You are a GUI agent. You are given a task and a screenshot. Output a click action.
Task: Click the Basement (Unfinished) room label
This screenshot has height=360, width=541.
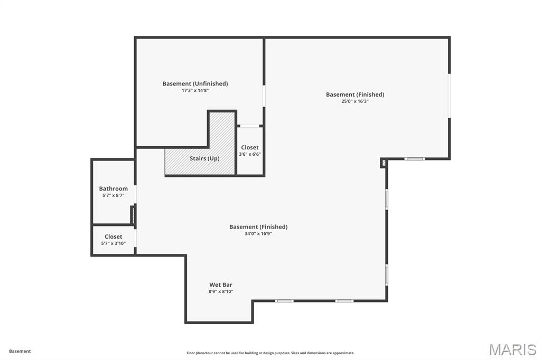click(x=195, y=83)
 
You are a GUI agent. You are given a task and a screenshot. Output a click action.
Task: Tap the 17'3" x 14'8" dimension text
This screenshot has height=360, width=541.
click(x=195, y=90)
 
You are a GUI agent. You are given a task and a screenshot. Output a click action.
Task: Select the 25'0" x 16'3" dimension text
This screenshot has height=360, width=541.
click(x=355, y=101)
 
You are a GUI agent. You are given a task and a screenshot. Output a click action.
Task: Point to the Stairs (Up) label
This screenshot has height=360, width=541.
click(x=204, y=158)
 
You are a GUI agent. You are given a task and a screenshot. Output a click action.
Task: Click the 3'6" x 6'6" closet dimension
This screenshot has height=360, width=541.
click(x=250, y=154)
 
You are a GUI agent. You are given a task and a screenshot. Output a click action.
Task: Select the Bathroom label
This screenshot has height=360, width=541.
click(x=113, y=188)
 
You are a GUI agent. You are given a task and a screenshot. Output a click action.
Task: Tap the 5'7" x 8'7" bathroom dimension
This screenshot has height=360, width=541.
click(x=113, y=195)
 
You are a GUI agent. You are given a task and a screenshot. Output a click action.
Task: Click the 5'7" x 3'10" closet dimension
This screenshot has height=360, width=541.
click(x=113, y=243)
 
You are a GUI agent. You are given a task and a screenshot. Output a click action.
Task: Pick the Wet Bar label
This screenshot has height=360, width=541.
click(x=220, y=285)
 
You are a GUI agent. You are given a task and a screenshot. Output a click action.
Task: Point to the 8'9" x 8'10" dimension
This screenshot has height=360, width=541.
click(x=220, y=291)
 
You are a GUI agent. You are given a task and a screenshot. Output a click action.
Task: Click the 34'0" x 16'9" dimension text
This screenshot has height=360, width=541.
click(x=258, y=233)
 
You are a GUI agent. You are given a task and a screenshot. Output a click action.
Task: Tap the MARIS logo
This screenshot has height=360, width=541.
click(x=512, y=349)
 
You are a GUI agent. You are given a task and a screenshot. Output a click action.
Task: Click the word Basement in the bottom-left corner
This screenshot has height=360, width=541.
click(x=20, y=351)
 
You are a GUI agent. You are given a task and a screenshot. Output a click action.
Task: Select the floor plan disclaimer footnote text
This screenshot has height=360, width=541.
click(x=270, y=353)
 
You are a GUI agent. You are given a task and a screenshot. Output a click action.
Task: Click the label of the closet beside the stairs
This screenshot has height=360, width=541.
click(x=250, y=147)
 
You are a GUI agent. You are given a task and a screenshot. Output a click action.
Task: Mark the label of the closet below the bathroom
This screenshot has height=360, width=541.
click(x=113, y=236)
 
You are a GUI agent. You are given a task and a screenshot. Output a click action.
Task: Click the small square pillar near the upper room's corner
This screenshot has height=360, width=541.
click(x=383, y=163)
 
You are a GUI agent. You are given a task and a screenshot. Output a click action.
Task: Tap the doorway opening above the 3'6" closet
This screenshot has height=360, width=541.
click(x=250, y=126)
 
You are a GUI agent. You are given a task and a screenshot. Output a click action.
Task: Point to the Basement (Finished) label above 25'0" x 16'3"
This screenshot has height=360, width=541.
click(x=355, y=94)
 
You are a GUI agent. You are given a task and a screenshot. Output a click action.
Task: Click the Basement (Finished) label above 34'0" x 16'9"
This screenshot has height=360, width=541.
click(x=258, y=226)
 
